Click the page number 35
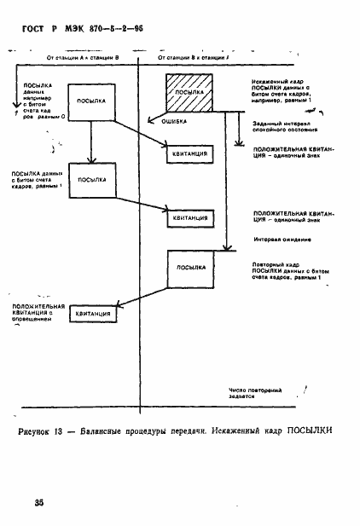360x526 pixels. [39, 504]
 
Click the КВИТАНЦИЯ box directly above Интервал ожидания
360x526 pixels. [191, 218]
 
